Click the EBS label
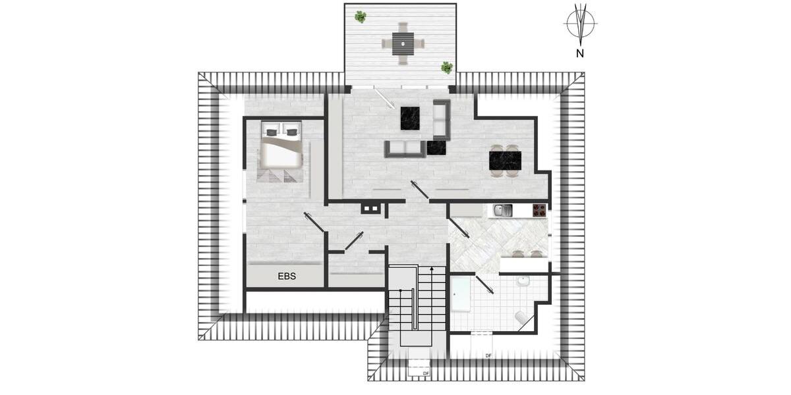[x=287, y=276]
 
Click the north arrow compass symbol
[x=580, y=24]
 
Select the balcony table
[x=402, y=43]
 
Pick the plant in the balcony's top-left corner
[x=360, y=16]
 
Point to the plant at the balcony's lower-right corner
[x=447, y=67]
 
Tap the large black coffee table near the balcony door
[x=411, y=118]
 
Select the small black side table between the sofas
[x=436, y=147]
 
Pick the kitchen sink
[x=502, y=211]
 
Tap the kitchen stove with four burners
[x=539, y=211]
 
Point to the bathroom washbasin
[x=523, y=282]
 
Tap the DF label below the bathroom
[x=488, y=355]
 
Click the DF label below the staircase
[x=426, y=374]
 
